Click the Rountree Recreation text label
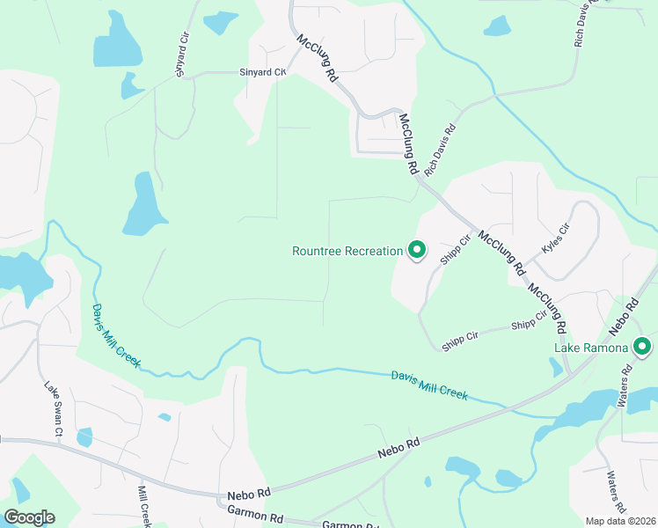[x=347, y=251]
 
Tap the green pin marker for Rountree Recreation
[x=417, y=252]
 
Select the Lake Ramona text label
[x=591, y=348]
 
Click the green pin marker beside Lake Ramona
[x=642, y=348]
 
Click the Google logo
[x=29, y=517]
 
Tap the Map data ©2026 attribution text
[x=621, y=521]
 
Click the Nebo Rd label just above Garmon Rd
[x=245, y=496]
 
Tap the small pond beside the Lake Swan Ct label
[x=84, y=436]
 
